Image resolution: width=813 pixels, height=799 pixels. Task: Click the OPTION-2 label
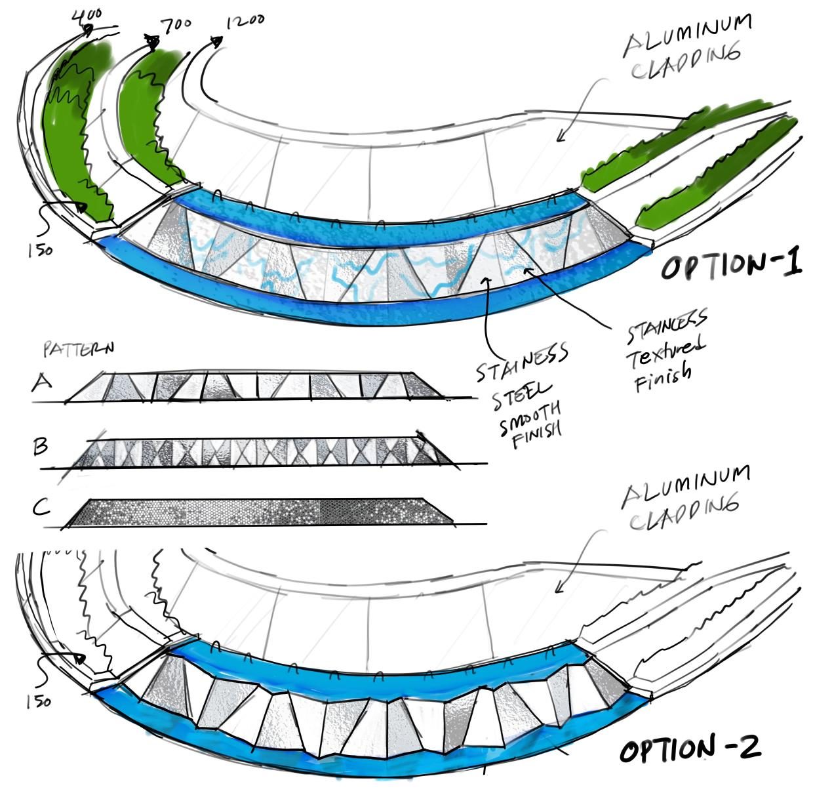(x=690, y=749)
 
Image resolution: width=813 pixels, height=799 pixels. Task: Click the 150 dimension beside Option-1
(x=40, y=251)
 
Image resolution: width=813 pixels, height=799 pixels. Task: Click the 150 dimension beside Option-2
(x=39, y=701)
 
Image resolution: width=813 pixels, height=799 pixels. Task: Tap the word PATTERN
(x=78, y=348)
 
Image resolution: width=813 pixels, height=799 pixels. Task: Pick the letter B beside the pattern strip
(x=40, y=447)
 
